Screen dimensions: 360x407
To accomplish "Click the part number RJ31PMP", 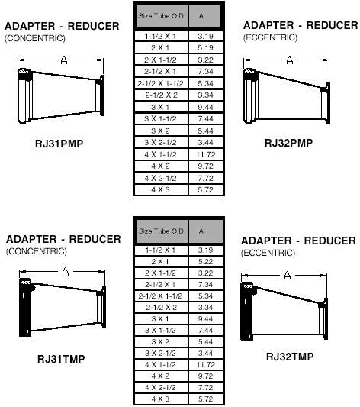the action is pyautogui.click(x=59, y=144).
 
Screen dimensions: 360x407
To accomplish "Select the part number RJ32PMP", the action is pyautogui.click(x=289, y=143).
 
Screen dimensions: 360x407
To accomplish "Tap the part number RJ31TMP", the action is pyautogui.click(x=61, y=359).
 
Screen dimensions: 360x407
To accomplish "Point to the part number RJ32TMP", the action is pyautogui.click(x=290, y=357).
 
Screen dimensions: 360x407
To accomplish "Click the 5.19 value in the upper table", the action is pyautogui.click(x=205, y=48).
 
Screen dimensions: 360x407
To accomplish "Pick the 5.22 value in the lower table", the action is pyautogui.click(x=205, y=262).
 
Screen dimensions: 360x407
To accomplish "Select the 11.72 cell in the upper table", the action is pyautogui.click(x=205, y=155).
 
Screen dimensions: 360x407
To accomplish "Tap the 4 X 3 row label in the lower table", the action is pyautogui.click(x=160, y=399).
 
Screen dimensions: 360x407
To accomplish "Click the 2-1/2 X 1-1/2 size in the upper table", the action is pyautogui.click(x=160, y=83).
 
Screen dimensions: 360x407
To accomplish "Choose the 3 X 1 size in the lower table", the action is pyautogui.click(x=160, y=318).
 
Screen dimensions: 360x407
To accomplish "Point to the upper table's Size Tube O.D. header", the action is pyautogui.click(x=162, y=16).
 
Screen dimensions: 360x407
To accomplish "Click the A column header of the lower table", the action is pyautogui.click(x=201, y=231).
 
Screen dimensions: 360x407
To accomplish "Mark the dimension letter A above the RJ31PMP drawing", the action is pyautogui.click(x=64, y=60).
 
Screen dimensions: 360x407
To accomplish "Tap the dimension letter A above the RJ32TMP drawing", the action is pyautogui.click(x=288, y=276).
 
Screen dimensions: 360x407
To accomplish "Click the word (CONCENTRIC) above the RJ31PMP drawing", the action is pyautogui.click(x=35, y=38).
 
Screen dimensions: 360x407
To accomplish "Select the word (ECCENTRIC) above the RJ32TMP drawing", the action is pyautogui.click(x=268, y=253).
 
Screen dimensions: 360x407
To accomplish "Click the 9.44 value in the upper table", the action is pyautogui.click(x=205, y=107).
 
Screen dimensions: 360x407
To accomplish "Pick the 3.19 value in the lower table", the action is pyautogui.click(x=205, y=250).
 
